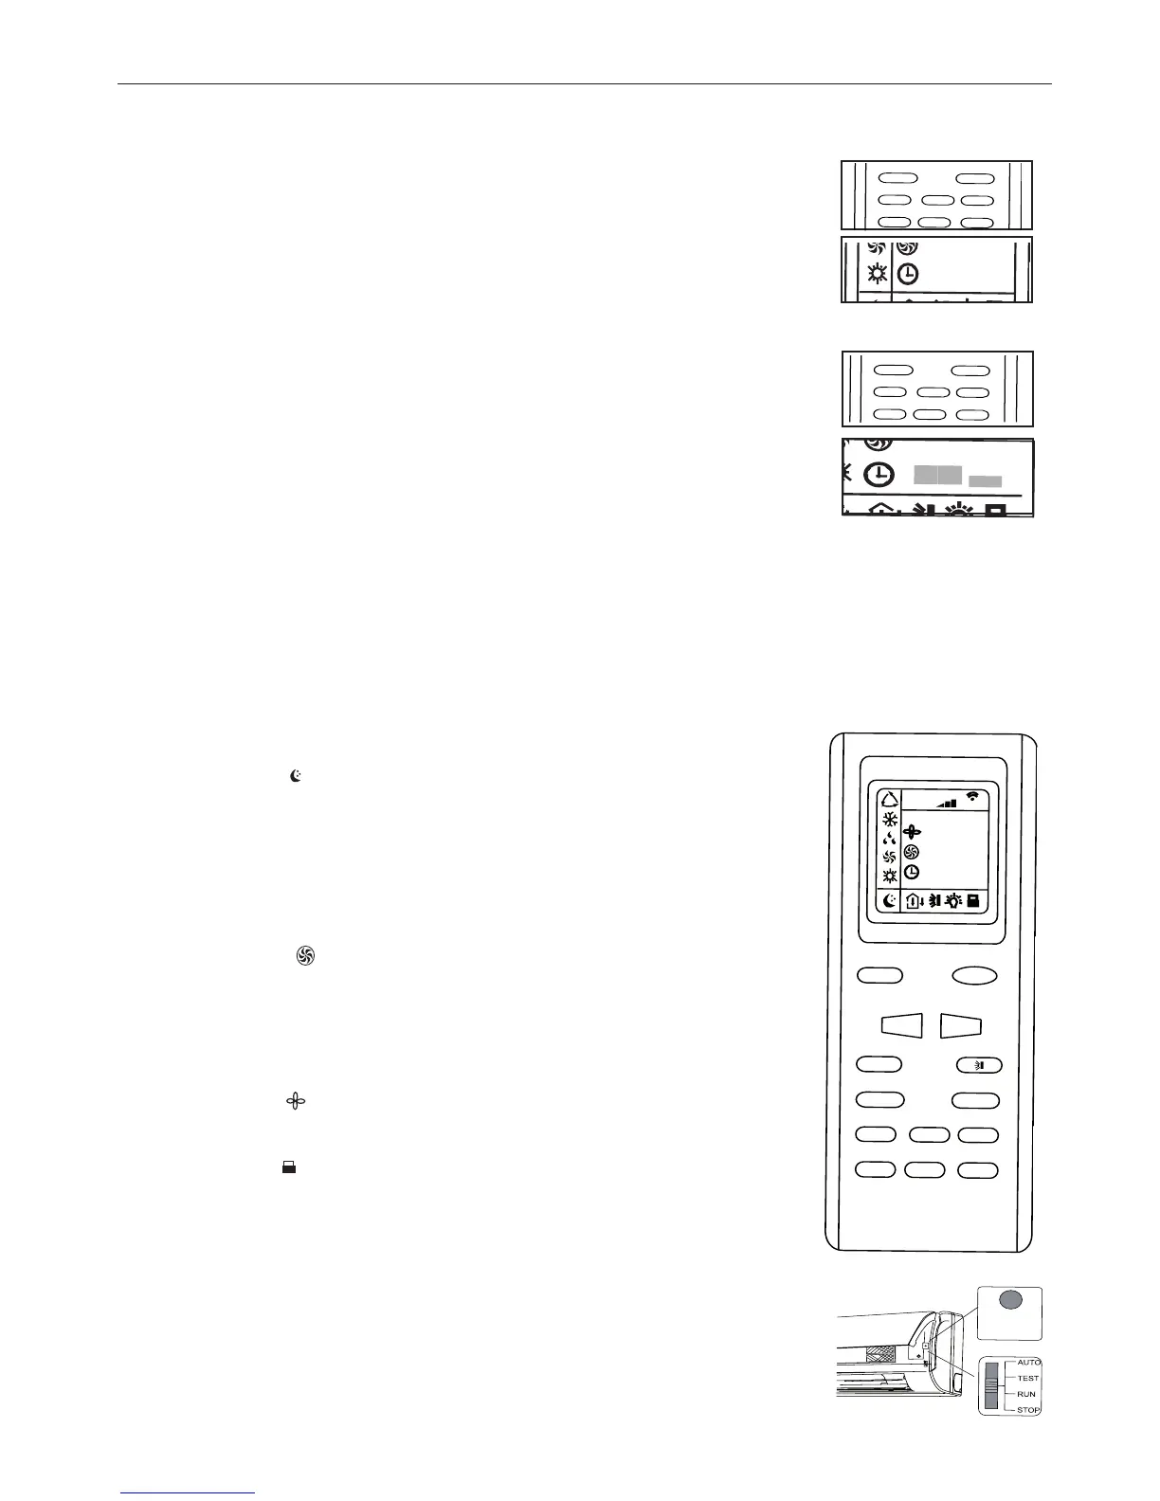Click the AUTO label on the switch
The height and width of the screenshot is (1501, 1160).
click(x=1028, y=1362)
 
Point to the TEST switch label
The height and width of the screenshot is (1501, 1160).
click(x=1027, y=1378)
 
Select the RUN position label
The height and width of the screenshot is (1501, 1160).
click(x=1025, y=1394)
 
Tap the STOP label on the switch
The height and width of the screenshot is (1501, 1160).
click(x=1027, y=1410)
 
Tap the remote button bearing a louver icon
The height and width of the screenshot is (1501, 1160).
click(x=977, y=1064)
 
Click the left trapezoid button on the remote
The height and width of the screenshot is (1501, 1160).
click(x=901, y=1024)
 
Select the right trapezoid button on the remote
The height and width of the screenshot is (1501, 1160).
click(x=961, y=1024)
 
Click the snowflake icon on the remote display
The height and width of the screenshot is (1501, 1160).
click(x=889, y=820)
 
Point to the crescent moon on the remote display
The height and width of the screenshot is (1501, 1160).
click(x=889, y=901)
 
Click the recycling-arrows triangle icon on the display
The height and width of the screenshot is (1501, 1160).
click(x=889, y=798)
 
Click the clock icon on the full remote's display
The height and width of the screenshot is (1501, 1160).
click(x=913, y=871)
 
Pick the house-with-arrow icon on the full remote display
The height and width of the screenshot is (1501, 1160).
click(x=914, y=901)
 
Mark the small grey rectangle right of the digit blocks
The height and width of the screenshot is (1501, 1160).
click(x=986, y=481)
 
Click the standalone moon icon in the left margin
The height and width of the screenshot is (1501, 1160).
click(x=297, y=776)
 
